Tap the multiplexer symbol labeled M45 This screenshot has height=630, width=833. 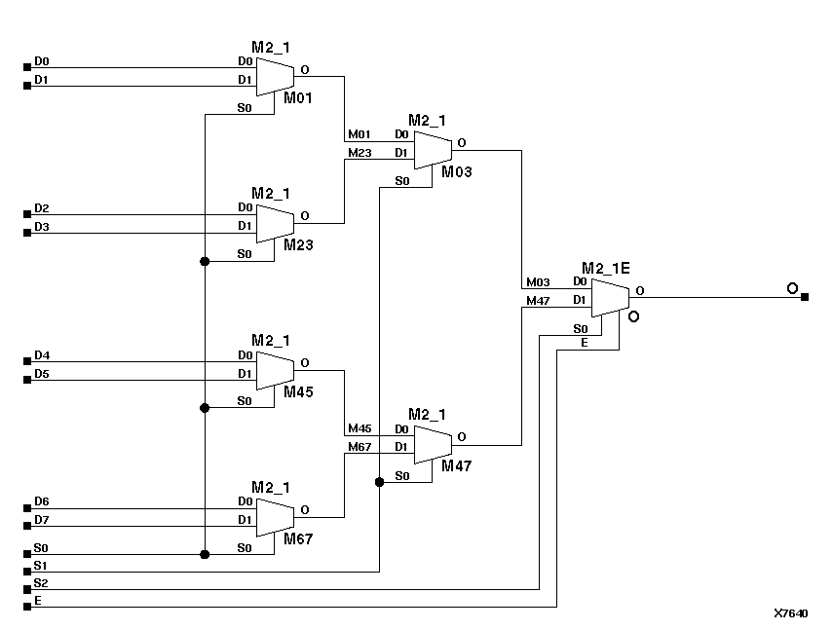275,369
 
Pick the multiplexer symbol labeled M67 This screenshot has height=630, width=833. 275,516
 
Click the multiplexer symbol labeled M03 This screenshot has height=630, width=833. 433,149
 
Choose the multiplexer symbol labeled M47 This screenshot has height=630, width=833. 433,443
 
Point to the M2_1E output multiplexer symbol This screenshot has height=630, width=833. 610,296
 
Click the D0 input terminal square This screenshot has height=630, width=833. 27,68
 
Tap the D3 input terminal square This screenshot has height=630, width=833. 27,233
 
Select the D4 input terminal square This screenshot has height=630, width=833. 27,361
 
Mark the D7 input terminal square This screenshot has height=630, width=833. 27,527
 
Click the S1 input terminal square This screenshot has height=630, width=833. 27,572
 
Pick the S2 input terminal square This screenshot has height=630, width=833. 27,589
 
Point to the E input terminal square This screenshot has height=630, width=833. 27,608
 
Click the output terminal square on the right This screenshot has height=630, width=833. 804,296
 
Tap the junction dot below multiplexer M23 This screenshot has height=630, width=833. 205,261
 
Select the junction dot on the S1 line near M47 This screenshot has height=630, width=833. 379,481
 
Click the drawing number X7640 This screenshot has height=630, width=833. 790,613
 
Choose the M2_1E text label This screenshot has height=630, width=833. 606,267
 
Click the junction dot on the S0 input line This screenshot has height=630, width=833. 205,554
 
